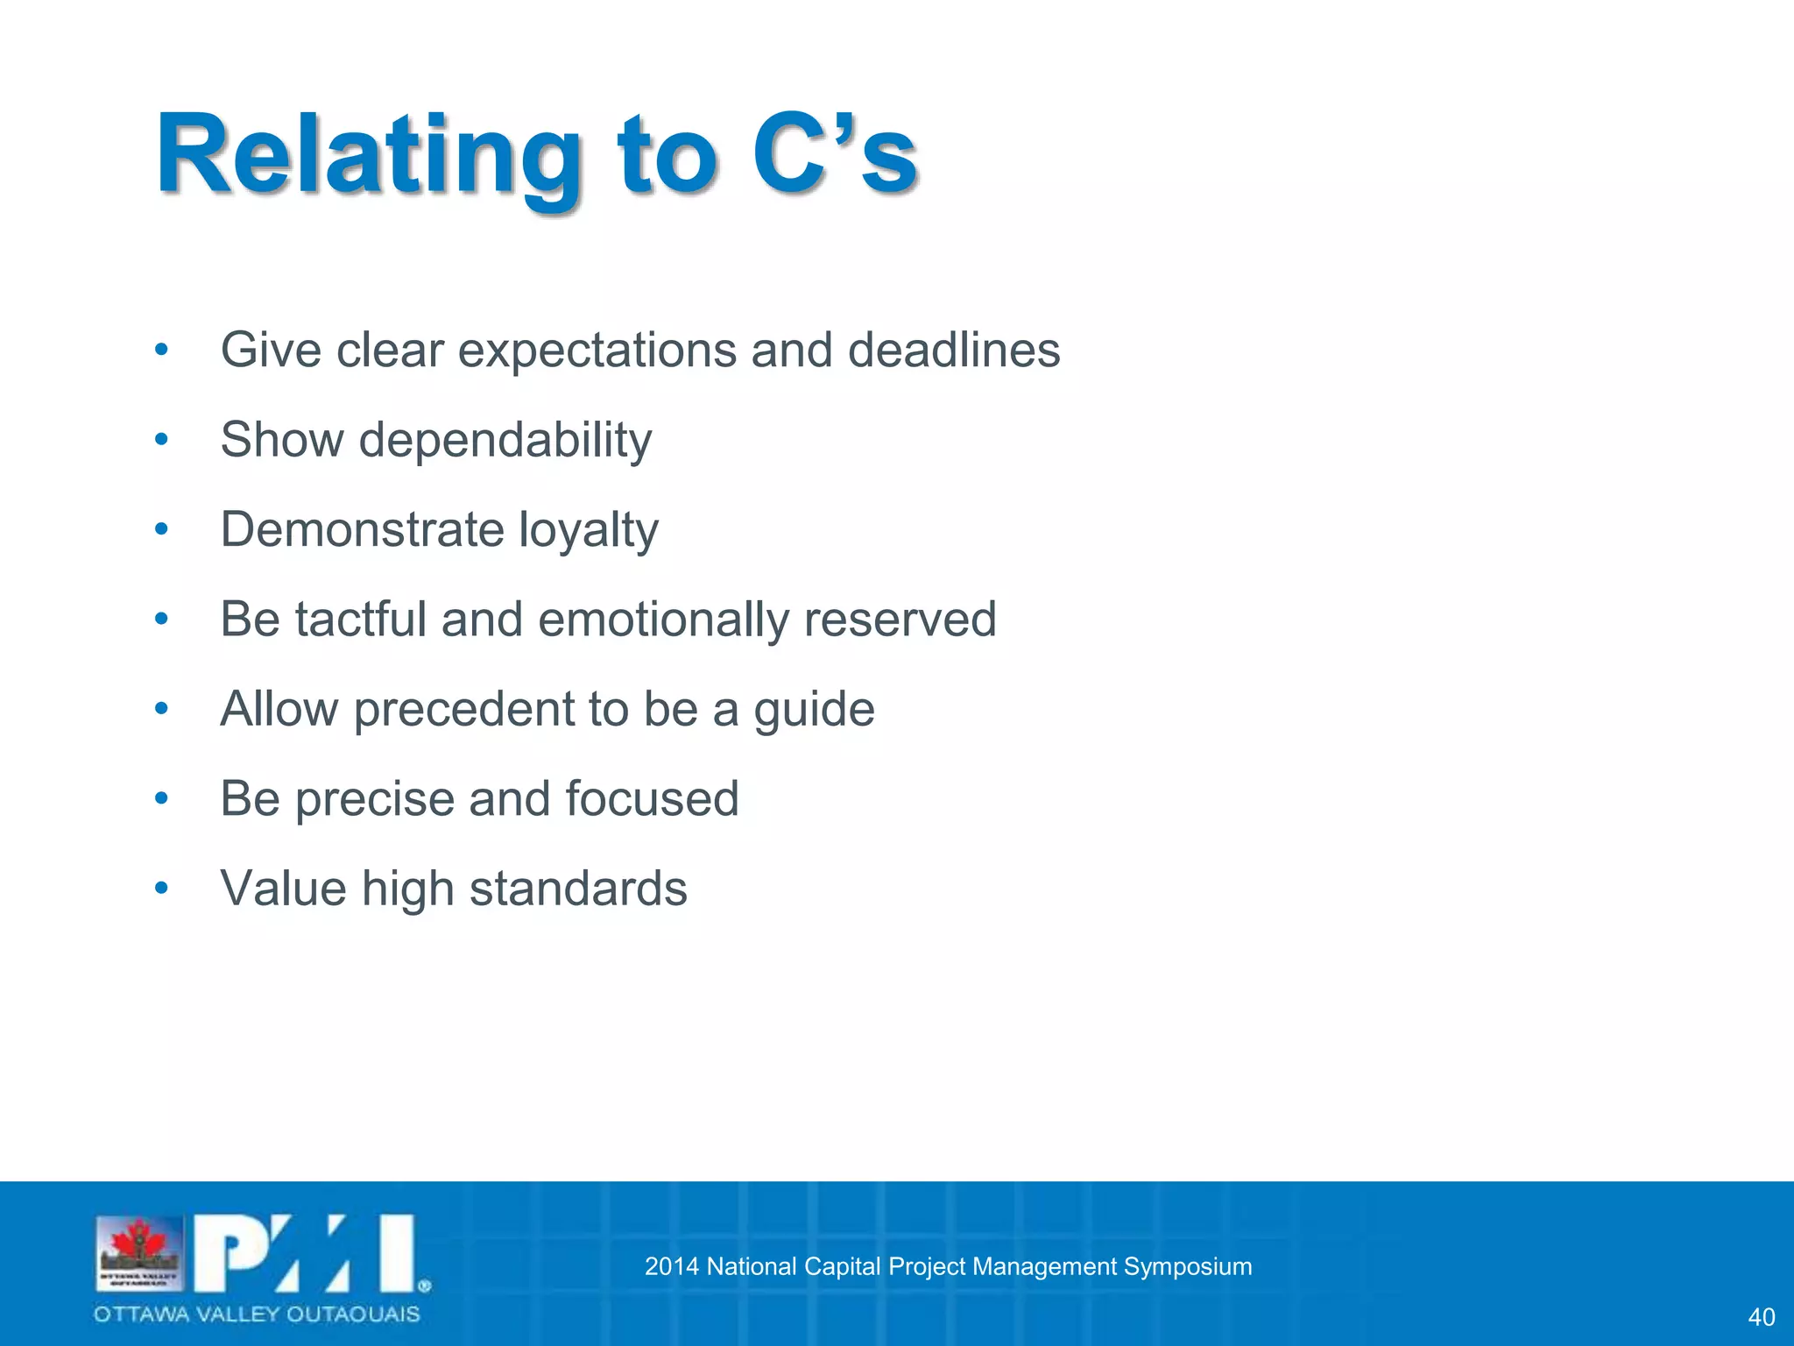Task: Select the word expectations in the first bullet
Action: [x=597, y=351]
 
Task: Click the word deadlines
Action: [x=953, y=350]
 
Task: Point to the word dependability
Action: [x=505, y=440]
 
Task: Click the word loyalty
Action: [x=588, y=530]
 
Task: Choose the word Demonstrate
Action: [x=362, y=529]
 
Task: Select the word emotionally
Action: [x=663, y=620]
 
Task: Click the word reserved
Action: [x=900, y=619]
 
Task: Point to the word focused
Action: [x=652, y=798]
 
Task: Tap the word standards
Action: [x=578, y=889]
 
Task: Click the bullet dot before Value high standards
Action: [x=161, y=889]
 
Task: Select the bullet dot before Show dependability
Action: [x=161, y=439]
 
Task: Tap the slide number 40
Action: [x=1761, y=1317]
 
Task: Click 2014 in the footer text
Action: [x=671, y=1266]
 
